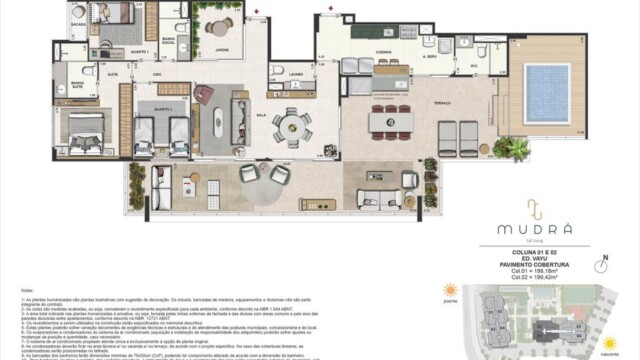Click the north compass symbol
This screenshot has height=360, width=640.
click(x=602, y=264)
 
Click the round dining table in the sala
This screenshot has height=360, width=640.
click(x=291, y=125)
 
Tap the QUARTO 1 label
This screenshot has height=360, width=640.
click(x=139, y=49)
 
